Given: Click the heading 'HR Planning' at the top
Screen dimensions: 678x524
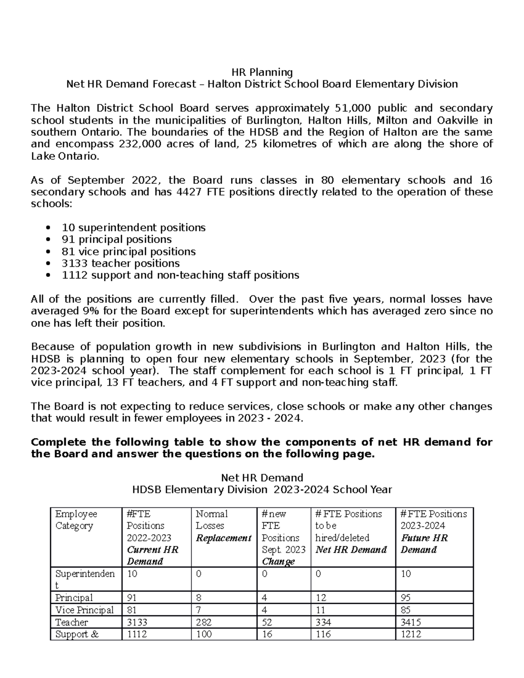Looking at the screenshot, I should tap(262, 72).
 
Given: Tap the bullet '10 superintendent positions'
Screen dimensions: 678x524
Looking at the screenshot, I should tap(134, 227).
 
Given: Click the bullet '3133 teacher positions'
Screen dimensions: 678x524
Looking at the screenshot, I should tap(121, 263).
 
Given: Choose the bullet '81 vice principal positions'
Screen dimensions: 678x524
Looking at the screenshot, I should tap(129, 251).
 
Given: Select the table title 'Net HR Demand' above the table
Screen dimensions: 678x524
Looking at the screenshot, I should tap(262, 478).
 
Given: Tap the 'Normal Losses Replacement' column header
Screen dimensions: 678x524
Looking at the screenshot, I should tap(223, 526).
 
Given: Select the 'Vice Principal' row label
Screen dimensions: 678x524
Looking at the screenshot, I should tap(84, 610).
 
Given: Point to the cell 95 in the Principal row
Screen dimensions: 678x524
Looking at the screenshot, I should tap(406, 598).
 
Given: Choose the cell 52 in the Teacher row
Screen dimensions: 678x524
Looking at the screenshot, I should tap(267, 622).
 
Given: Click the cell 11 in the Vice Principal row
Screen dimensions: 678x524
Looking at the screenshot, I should tap(320, 610).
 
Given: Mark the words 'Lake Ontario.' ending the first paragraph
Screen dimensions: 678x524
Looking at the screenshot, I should tap(65, 156).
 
